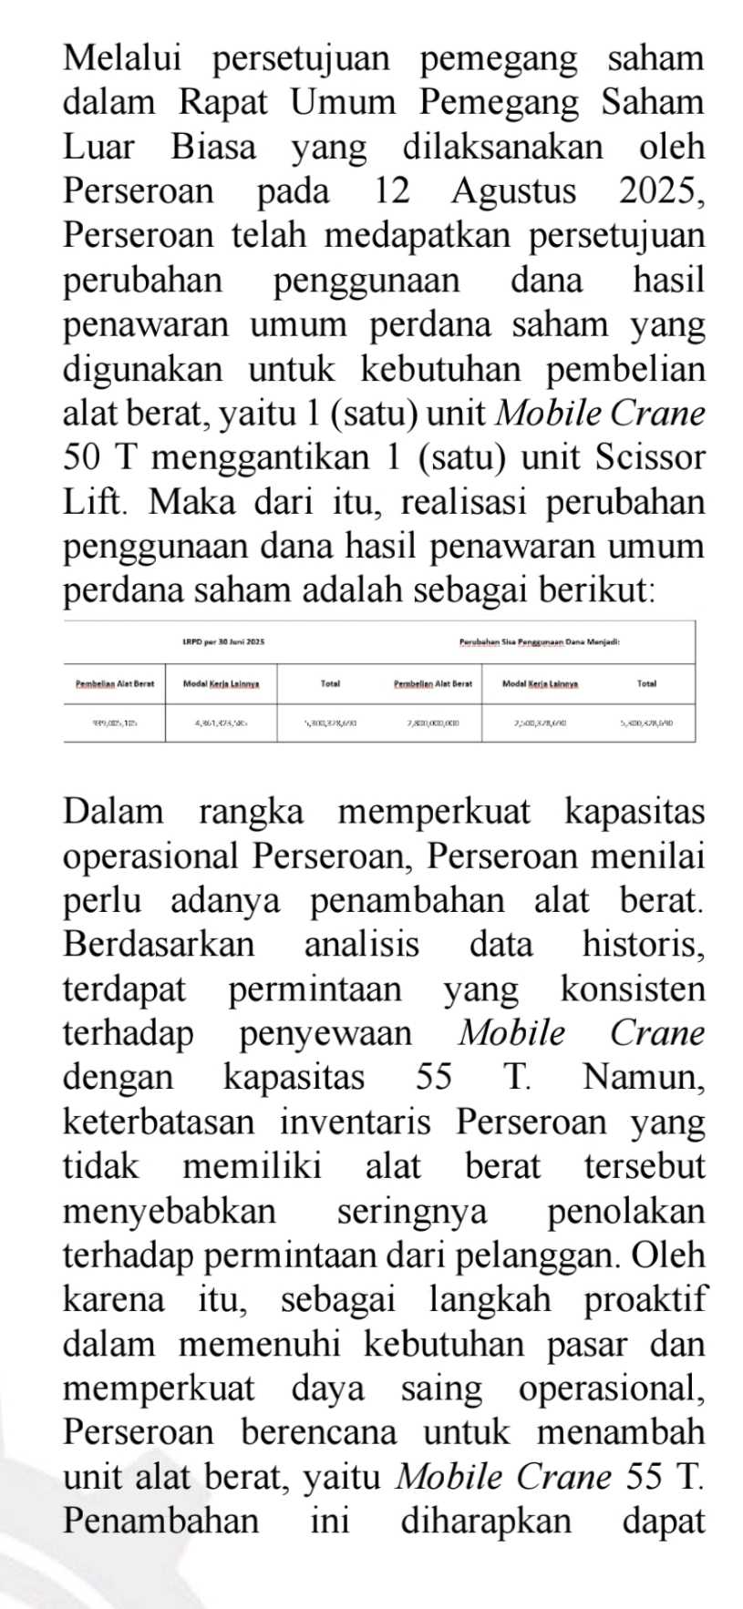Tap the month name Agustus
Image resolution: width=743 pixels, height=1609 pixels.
point(513,191)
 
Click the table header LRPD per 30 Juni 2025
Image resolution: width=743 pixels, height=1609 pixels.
point(222,642)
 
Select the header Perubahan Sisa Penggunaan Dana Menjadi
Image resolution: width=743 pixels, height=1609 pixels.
point(541,642)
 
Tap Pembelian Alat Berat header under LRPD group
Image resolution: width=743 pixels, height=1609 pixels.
point(114,682)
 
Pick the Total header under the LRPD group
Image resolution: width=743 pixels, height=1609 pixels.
point(330,682)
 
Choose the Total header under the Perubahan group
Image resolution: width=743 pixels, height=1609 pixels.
point(646,682)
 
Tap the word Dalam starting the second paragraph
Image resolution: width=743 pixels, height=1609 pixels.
point(113,811)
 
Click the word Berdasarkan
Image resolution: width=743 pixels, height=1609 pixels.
point(159,944)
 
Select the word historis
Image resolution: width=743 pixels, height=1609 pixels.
point(644,944)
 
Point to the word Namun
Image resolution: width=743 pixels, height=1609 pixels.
point(644,1077)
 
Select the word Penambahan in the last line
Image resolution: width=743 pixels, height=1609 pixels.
point(160,1521)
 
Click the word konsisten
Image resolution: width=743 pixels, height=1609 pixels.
point(633,989)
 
